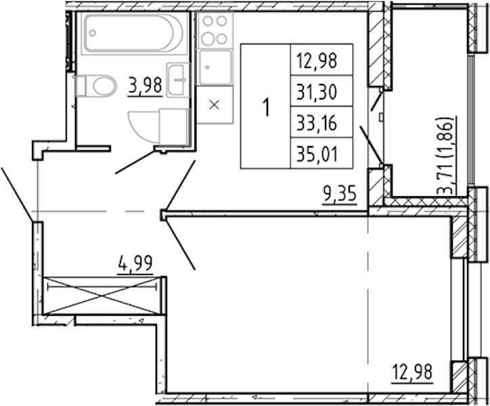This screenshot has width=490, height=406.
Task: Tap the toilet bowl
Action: [x=96, y=86]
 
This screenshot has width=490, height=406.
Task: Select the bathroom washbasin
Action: [x=178, y=80]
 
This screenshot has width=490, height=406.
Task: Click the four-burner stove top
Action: [x=215, y=30]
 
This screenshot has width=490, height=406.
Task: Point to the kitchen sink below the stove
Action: [x=215, y=67]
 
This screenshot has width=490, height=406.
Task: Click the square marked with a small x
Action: [x=215, y=105]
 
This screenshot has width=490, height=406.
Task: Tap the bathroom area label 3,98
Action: [x=145, y=85]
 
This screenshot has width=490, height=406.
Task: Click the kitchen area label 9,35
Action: [x=340, y=194]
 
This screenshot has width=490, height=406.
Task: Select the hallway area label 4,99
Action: [x=135, y=263]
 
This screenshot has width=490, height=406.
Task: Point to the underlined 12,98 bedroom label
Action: [x=412, y=371]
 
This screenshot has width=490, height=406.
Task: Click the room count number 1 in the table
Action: [x=266, y=107]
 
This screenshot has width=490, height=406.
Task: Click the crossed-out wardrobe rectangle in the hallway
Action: [x=102, y=295]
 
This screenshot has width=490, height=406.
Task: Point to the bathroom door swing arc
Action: [x=142, y=128]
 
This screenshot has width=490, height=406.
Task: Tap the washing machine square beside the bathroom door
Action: [x=175, y=127]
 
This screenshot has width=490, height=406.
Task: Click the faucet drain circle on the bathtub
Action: [x=93, y=32]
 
